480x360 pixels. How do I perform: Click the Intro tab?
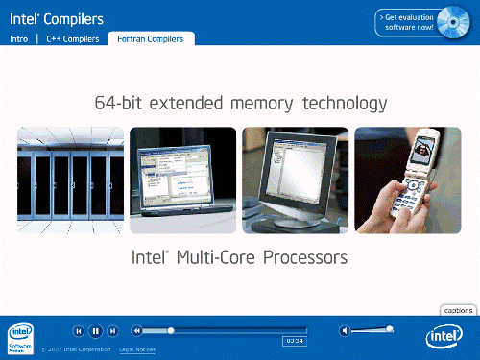(x=18, y=39)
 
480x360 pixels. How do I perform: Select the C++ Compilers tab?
(x=72, y=39)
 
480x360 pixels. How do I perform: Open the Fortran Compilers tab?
(x=151, y=39)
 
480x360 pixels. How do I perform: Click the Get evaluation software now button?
(x=408, y=22)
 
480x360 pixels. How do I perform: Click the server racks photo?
(x=70, y=180)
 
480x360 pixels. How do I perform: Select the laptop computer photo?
(x=182, y=180)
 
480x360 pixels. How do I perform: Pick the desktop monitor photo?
(x=295, y=180)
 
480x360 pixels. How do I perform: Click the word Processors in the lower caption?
(x=302, y=258)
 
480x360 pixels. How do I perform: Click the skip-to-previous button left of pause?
(x=80, y=331)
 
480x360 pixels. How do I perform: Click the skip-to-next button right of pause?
(x=112, y=331)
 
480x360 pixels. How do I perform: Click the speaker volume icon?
(x=345, y=331)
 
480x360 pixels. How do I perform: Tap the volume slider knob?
(x=389, y=329)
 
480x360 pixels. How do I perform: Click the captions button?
(x=459, y=310)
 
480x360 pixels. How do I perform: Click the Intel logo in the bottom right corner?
(x=444, y=336)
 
